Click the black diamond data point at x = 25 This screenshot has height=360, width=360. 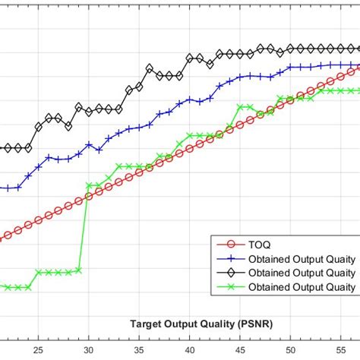pyautogui.click(x=38, y=127)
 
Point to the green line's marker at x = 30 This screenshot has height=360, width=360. pyautogui.click(x=89, y=185)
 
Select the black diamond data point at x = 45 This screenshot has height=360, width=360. pyautogui.click(x=240, y=54)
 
